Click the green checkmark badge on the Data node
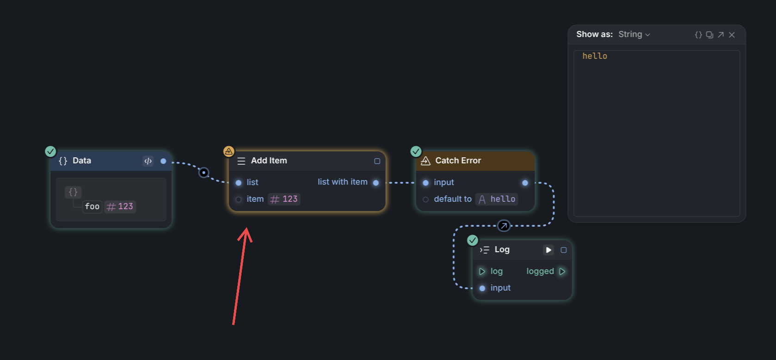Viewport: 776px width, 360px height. (x=50, y=151)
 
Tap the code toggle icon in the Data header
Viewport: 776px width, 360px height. (x=148, y=161)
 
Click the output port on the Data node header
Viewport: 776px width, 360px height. (x=163, y=161)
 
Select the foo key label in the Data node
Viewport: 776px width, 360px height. (x=92, y=206)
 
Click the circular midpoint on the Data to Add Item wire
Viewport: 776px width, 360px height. (x=203, y=173)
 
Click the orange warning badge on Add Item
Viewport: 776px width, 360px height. (x=228, y=151)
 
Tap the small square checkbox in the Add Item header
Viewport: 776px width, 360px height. (x=377, y=161)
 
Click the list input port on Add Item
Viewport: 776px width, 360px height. (x=239, y=183)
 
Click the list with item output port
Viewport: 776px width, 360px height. (x=376, y=183)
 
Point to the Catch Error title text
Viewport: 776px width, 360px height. (x=458, y=161)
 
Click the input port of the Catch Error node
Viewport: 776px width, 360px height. (x=426, y=183)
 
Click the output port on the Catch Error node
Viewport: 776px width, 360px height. (x=525, y=183)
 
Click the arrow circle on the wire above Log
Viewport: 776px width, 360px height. (x=504, y=226)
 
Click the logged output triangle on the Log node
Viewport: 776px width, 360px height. (x=562, y=271)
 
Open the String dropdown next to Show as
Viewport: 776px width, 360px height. (x=634, y=34)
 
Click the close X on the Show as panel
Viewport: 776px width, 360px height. (x=732, y=35)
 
